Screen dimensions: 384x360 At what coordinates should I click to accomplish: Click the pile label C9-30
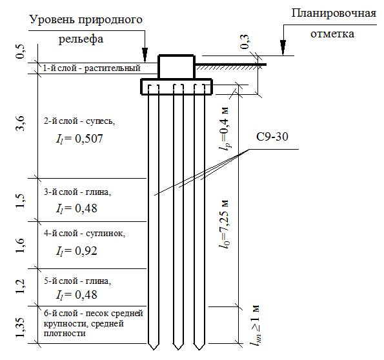coord(272,137)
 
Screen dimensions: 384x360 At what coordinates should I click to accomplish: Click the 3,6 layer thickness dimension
coord(21,123)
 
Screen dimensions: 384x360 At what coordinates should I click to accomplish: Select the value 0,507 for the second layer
coord(88,139)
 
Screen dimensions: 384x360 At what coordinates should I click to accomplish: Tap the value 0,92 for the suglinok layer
coord(86,251)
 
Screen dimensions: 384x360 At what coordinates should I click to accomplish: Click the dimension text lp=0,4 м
coord(225,129)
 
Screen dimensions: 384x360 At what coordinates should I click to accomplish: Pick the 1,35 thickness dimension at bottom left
coord(21,328)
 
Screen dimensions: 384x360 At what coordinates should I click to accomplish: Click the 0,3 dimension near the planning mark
coord(245,42)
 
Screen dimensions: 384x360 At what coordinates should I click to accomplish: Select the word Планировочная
coord(334,13)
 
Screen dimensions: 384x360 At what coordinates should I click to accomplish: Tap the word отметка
coord(332,34)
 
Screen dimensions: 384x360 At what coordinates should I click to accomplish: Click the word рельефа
coord(81,39)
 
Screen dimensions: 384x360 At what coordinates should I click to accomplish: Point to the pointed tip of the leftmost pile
coord(154,349)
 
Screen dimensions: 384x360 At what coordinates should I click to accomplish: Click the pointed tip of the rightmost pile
coord(199,349)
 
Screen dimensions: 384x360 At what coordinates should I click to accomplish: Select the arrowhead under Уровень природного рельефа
coord(145,54)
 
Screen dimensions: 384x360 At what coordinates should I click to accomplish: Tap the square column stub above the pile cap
coord(177,67)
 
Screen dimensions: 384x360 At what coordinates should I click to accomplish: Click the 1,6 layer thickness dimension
coord(21,245)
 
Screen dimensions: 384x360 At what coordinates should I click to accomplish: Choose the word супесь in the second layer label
coord(100,121)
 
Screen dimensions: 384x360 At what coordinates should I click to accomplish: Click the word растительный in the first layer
coord(112,68)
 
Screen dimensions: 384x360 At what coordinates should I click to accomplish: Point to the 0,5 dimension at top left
coord(21,52)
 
